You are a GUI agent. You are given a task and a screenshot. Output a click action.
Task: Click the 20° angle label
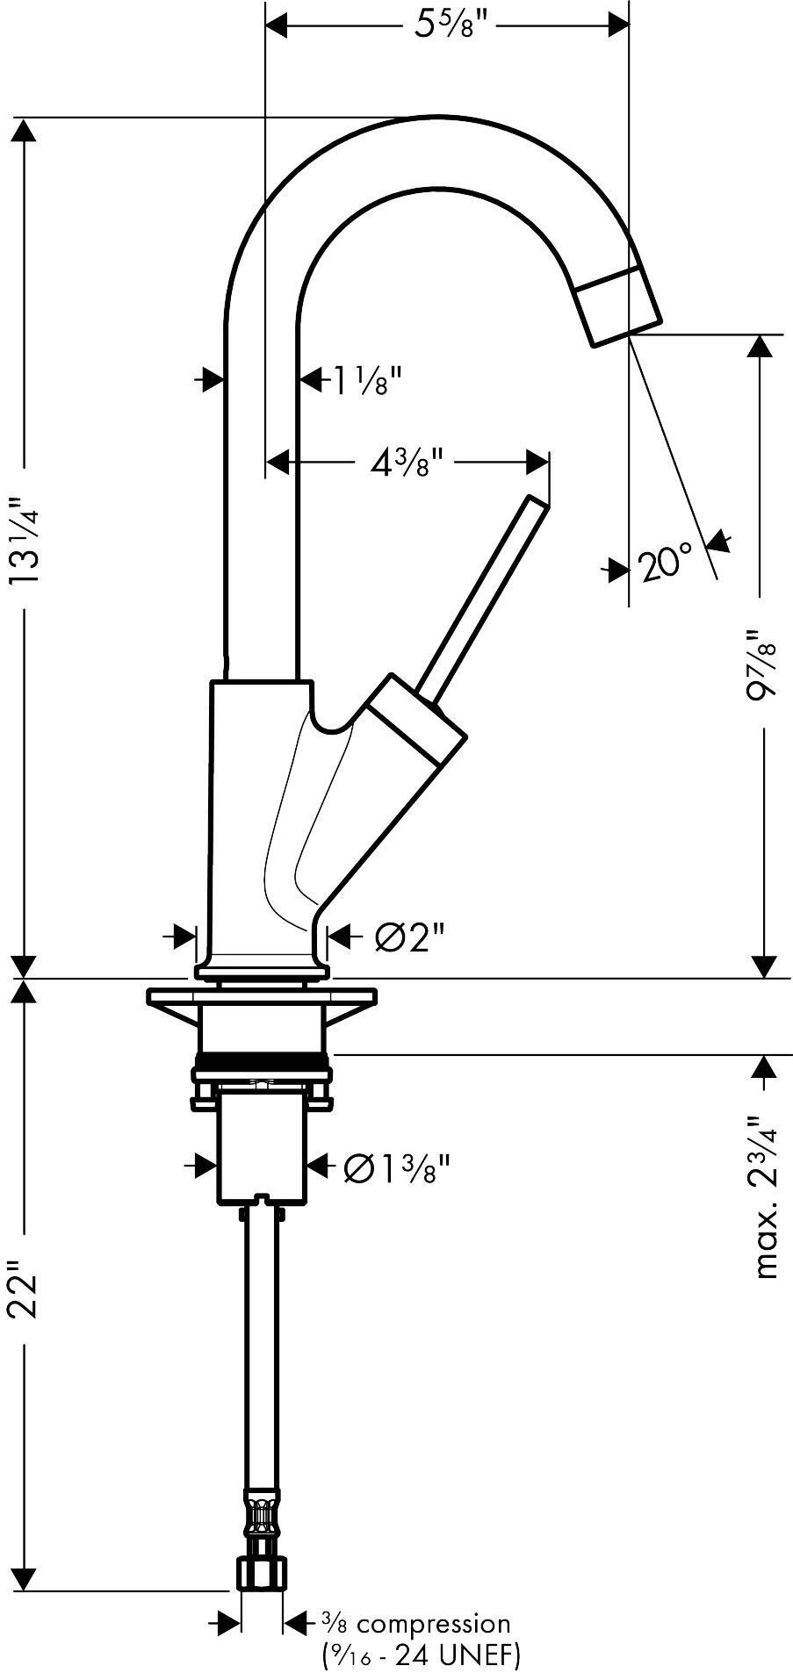pos(666,564)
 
